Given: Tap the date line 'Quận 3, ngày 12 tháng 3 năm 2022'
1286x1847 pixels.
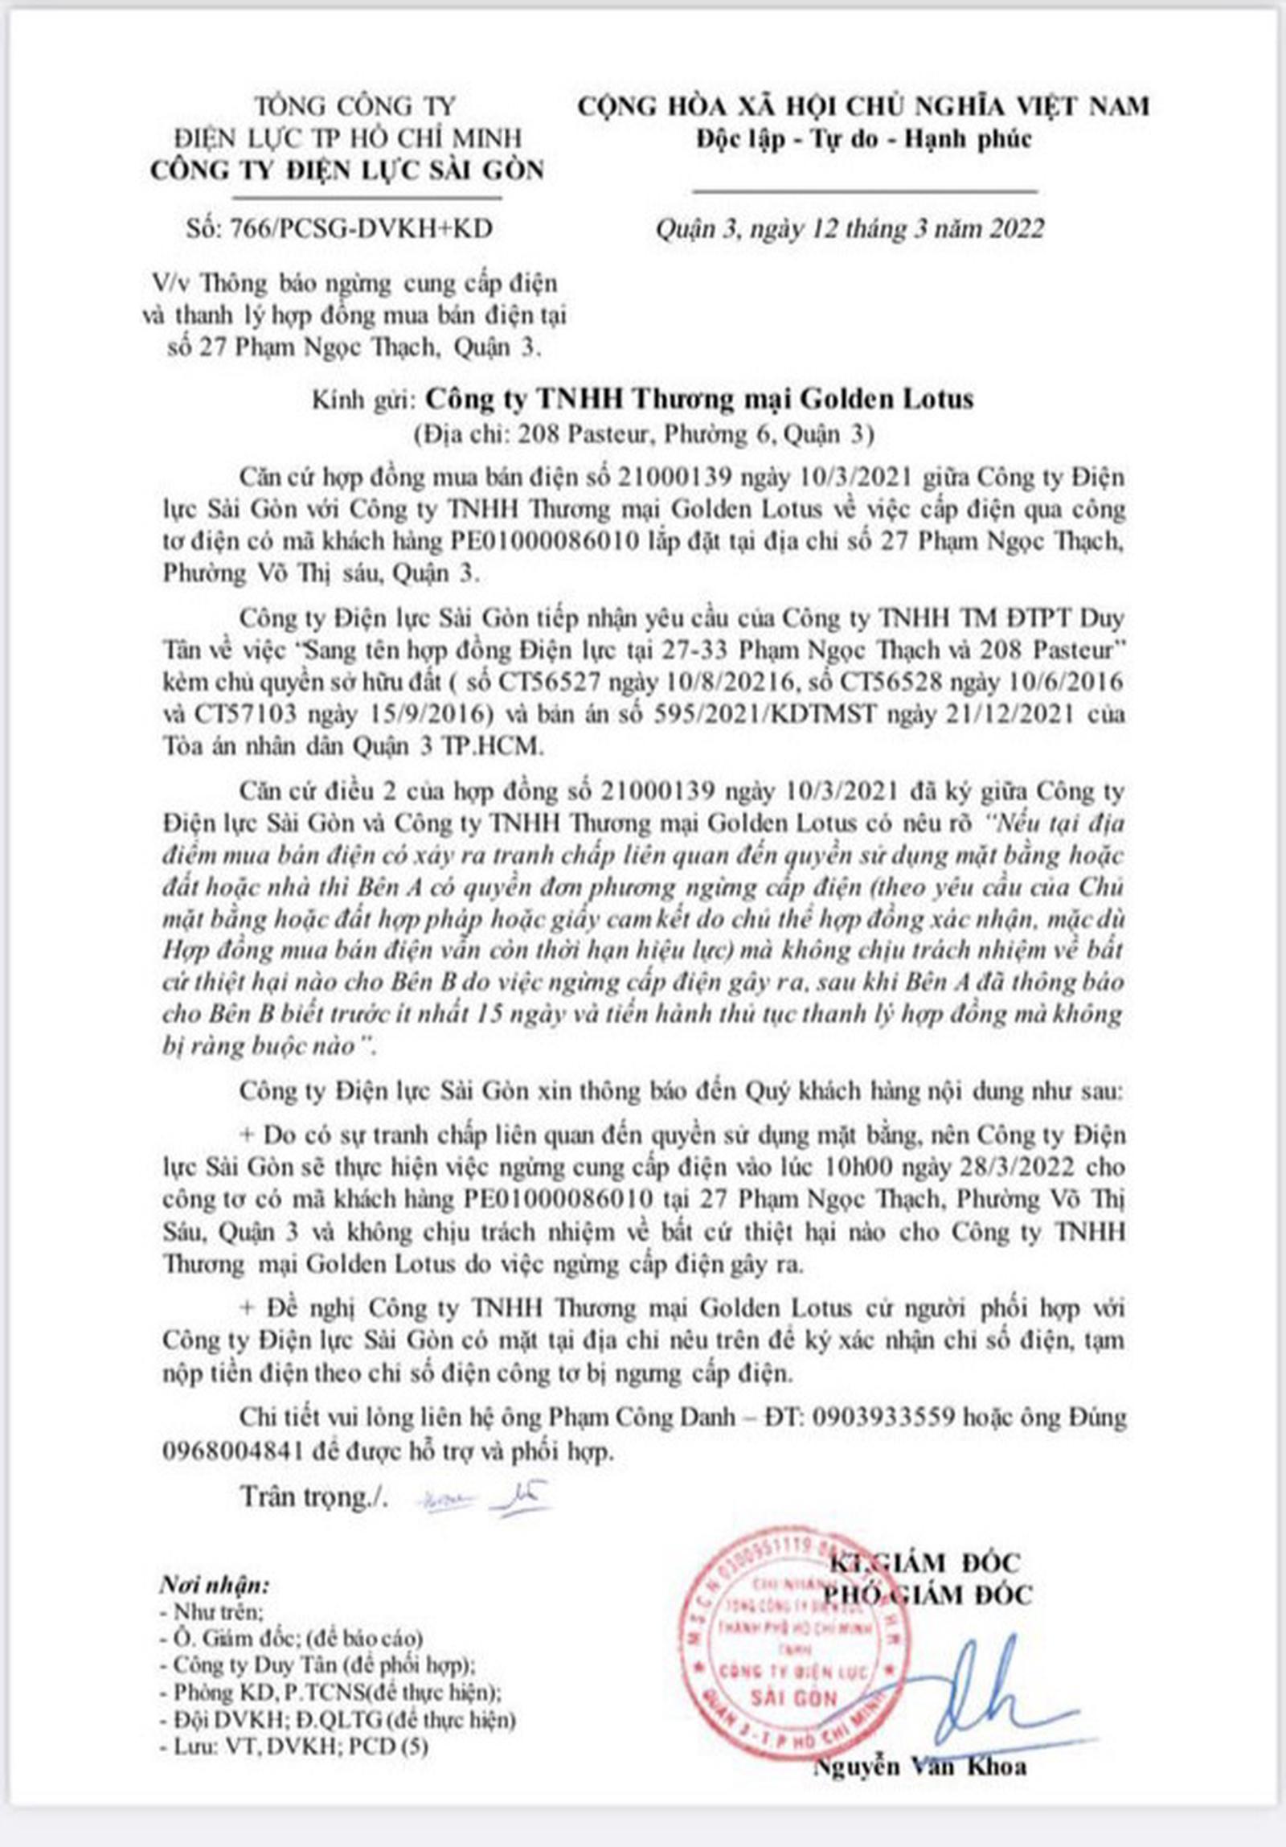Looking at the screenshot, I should [x=850, y=229].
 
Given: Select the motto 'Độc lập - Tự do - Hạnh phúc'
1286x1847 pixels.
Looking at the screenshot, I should [x=864, y=139].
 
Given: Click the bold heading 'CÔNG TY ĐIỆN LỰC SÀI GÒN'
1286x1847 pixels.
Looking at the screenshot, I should [x=346, y=170].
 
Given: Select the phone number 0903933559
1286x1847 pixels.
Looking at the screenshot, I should [x=885, y=1417].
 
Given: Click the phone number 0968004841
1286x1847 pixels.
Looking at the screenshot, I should [x=232, y=1450].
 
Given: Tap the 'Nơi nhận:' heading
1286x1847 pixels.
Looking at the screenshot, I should [x=214, y=1586].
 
